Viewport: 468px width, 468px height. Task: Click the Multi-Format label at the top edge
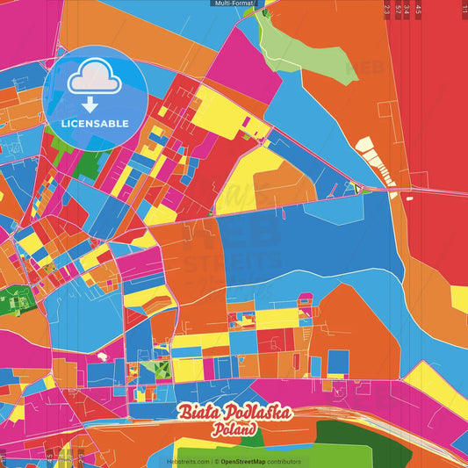tap(234, 4)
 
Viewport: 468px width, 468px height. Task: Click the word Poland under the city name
tap(233, 430)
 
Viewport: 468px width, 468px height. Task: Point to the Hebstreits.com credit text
tap(189, 461)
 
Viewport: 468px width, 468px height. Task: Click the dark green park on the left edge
tap(12, 299)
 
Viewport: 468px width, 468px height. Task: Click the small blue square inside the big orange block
tap(338, 361)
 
